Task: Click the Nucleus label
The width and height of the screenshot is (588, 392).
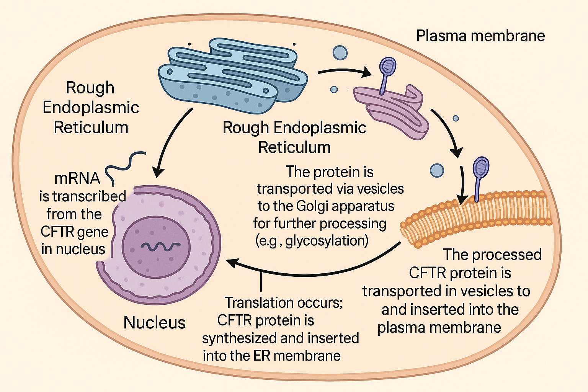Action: coord(154,323)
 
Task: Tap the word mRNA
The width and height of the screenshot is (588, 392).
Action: coord(77,178)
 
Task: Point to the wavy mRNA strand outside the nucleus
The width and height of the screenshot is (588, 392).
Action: coord(124,167)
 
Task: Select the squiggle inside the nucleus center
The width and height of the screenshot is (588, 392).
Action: coord(157,247)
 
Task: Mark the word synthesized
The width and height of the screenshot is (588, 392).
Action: coord(239,338)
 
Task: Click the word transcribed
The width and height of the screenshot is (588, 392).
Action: coord(89,196)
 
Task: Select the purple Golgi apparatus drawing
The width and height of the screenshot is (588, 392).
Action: coord(394,109)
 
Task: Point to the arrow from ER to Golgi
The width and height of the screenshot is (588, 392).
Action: coord(345,72)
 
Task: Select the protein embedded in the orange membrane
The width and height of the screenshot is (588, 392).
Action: coord(480,176)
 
